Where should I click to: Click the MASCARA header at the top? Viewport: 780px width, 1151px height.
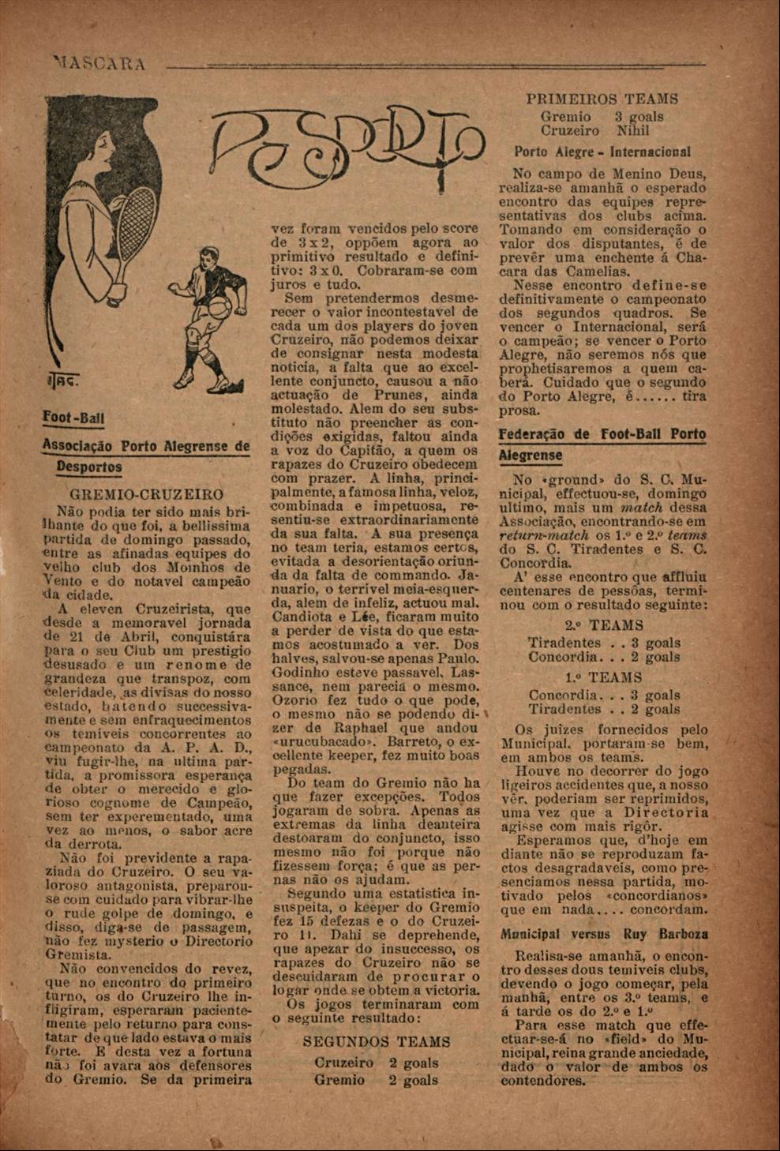tap(99, 63)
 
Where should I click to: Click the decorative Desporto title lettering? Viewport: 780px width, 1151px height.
tap(348, 145)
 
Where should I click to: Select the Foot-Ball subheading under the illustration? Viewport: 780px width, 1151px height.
tap(73, 418)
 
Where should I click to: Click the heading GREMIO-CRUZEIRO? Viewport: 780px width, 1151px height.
tap(147, 495)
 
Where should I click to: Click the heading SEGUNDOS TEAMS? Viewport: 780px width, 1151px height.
tap(376, 1041)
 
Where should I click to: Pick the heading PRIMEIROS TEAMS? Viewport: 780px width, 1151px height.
tap(602, 99)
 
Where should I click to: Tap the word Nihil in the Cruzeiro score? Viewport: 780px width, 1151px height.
tap(633, 131)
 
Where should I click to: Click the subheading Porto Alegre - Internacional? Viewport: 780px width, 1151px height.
tap(602, 152)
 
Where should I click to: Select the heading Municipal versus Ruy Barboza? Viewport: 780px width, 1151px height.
tap(604, 934)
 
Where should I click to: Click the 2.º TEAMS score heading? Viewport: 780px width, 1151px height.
tap(604, 625)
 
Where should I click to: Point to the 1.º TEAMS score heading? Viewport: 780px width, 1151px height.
tap(604, 677)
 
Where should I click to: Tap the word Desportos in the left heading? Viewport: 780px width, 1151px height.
tap(88, 467)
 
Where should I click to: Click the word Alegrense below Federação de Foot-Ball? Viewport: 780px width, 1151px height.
tap(531, 456)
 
